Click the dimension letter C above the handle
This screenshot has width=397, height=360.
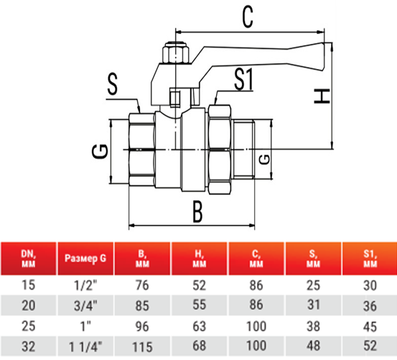(248, 17)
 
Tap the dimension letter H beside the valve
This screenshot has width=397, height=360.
(322, 96)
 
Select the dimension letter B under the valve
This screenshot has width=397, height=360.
(197, 211)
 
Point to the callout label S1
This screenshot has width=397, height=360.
(243, 80)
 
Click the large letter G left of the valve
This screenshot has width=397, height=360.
(100, 152)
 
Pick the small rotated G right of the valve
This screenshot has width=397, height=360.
(265, 160)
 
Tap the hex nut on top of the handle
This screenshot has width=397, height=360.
(176, 53)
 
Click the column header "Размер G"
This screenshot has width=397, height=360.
(85, 259)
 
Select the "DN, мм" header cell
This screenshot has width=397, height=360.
(29, 259)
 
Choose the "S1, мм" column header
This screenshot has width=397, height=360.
(370, 259)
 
